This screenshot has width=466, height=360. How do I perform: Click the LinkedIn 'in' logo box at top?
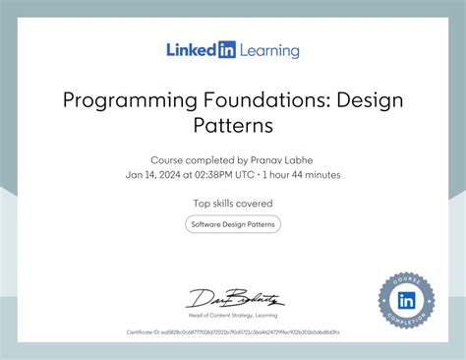click(x=226, y=49)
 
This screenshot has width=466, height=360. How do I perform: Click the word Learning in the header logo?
click(x=268, y=50)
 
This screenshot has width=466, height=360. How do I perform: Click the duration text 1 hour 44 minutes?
click(x=302, y=175)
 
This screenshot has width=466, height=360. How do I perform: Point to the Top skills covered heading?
click(x=233, y=204)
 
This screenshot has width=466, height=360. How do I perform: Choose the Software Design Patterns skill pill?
click(x=233, y=224)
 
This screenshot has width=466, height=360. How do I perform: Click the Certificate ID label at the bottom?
click(x=143, y=332)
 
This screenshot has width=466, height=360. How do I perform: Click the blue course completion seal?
click(x=406, y=299)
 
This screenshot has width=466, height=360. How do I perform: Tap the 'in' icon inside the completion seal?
click(x=406, y=299)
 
